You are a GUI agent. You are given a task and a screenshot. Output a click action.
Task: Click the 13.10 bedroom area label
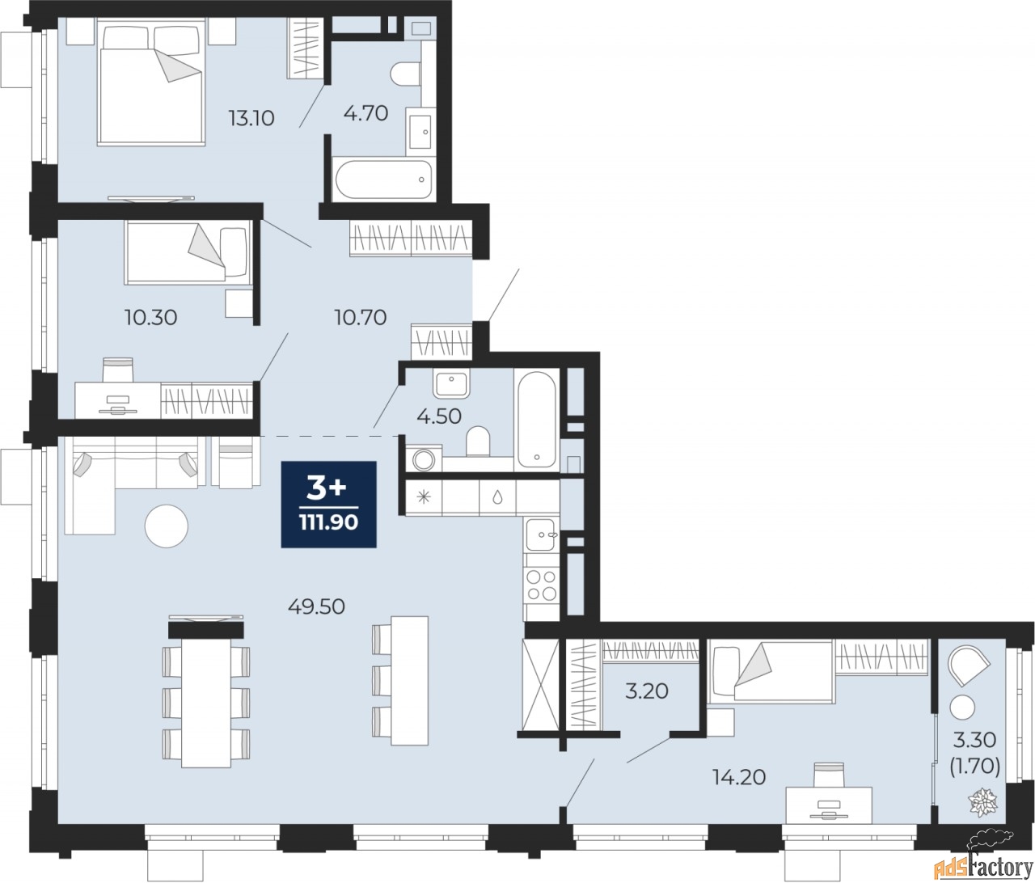[x=251, y=118]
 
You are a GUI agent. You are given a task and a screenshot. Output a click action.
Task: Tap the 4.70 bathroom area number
[x=365, y=113]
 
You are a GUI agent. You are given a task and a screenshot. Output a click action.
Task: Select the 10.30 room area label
[x=150, y=317]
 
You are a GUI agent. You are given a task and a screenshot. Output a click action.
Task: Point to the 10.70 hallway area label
[x=361, y=317]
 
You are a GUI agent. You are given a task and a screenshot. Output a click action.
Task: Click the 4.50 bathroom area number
[x=438, y=416]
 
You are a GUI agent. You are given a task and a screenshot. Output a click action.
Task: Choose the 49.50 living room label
[x=316, y=606]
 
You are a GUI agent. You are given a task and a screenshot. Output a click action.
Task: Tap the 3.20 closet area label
[x=646, y=691]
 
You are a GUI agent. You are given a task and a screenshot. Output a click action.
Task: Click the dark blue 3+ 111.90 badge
[x=328, y=504]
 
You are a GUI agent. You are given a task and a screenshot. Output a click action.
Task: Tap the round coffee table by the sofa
[x=167, y=526]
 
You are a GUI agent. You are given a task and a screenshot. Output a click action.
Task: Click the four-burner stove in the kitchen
[x=541, y=585]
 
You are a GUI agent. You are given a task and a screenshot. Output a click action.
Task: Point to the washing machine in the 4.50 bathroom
[x=424, y=458]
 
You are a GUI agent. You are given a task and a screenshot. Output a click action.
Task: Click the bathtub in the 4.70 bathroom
[x=383, y=180]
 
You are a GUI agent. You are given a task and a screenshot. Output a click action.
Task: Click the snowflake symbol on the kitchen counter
[x=425, y=497]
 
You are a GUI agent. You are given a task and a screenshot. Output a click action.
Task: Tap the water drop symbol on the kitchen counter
[x=497, y=497]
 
